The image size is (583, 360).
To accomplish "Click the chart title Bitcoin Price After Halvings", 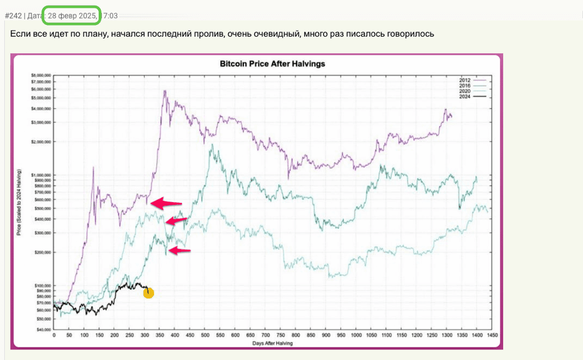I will tap(272, 64).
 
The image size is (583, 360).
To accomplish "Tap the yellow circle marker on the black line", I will tap(148, 293).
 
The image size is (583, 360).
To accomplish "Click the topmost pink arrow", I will tap(165, 203).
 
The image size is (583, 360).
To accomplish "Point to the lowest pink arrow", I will tap(180, 251).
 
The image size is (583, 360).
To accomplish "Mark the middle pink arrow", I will tap(177, 221).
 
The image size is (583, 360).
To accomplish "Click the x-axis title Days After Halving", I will tap(272, 343).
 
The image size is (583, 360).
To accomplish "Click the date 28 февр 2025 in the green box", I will tap(72, 16).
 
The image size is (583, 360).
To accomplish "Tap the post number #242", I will tap(13, 16).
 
